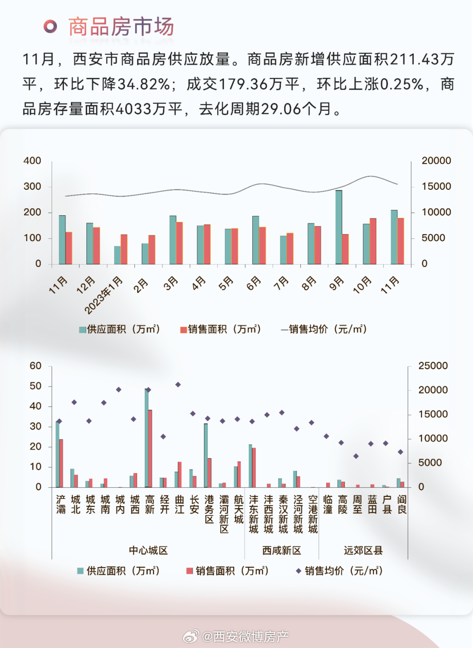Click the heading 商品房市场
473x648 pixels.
coord(121,27)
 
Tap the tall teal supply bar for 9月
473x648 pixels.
coord(339,228)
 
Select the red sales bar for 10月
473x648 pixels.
coord(373,241)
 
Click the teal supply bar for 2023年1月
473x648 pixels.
coord(117,255)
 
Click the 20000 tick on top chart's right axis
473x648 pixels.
coord(436,161)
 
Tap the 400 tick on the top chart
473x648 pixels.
coord(32,161)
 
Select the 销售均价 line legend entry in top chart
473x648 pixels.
coord(324,329)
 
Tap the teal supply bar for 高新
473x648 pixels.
coord(147,438)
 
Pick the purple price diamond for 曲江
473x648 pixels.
coord(178,385)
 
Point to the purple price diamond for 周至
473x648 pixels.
coord(356,456)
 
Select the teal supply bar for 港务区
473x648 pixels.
coord(206,455)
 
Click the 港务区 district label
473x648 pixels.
coord(209,509)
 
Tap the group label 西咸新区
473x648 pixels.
coord(282,550)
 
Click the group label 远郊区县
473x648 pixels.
coord(363,550)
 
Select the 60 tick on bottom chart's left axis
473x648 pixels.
coord(35,366)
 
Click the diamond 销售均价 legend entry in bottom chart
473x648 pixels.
coord(339,571)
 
